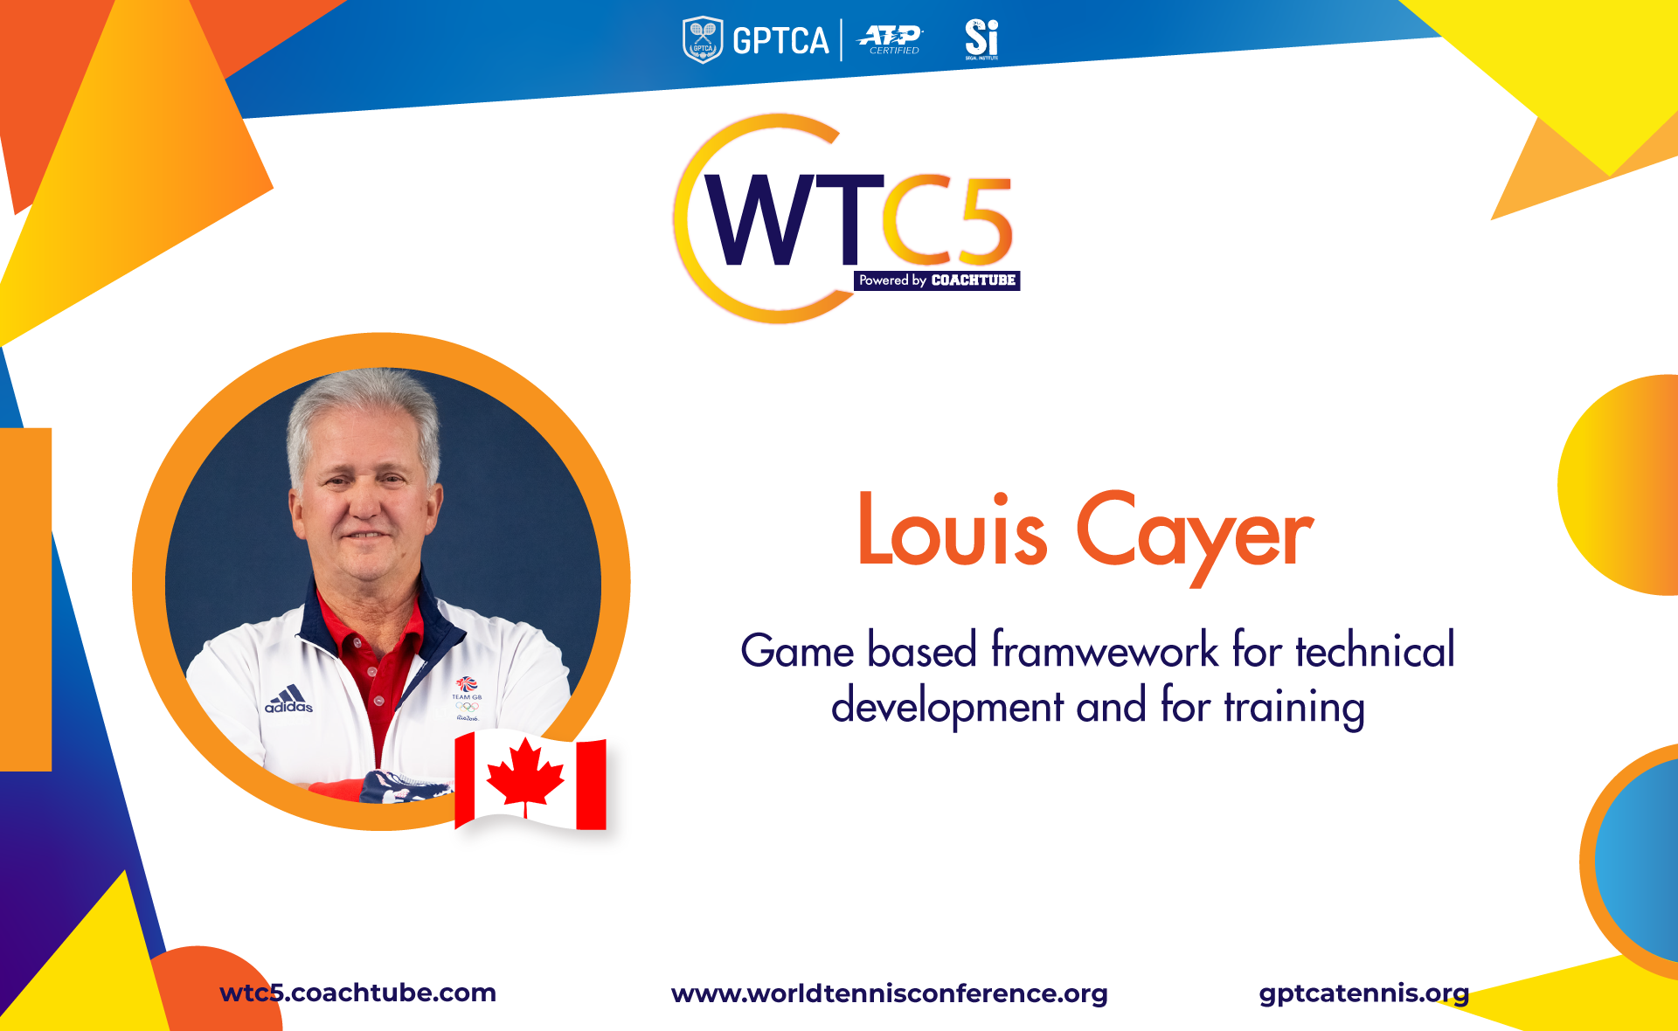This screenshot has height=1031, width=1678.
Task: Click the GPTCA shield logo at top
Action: [x=702, y=40]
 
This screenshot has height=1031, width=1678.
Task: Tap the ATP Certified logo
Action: [x=891, y=40]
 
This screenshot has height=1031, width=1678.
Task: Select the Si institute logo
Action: [x=981, y=40]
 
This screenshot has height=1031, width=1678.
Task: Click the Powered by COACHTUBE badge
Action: [x=937, y=280]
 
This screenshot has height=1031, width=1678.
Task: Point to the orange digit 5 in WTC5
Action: [x=981, y=220]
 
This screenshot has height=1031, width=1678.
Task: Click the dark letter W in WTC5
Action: [x=766, y=219]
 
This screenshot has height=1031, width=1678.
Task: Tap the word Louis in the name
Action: [x=953, y=529]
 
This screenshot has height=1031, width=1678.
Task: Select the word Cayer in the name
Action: [x=1195, y=535]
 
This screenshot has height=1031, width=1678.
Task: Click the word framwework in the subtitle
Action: [x=1105, y=649]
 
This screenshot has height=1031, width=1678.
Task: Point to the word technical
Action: [x=1376, y=650]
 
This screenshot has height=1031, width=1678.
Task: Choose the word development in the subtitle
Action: [x=947, y=706]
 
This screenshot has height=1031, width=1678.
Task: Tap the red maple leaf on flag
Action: [x=525, y=774]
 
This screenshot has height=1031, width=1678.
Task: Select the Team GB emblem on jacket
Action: [x=467, y=698]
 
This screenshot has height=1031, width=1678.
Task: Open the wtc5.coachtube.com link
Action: [x=357, y=993]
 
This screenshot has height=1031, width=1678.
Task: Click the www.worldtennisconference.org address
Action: [x=889, y=993]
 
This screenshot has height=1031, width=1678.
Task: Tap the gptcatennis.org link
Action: [x=1363, y=993]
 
